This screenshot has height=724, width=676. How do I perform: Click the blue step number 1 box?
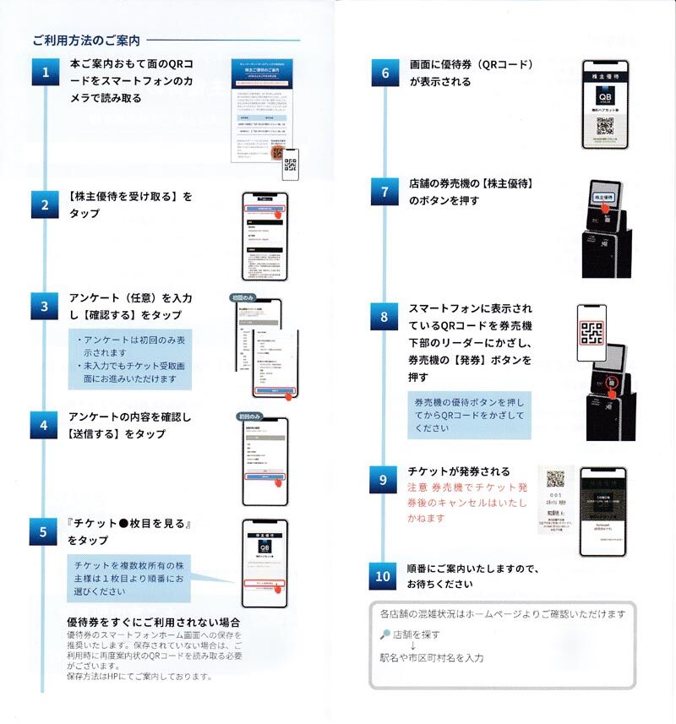46,73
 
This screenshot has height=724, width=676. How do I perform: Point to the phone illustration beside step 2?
265,236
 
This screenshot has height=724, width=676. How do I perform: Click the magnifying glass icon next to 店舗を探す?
384,634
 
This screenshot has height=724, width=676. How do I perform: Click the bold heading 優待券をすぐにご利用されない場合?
154,623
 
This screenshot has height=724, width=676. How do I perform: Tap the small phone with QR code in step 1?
291,166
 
